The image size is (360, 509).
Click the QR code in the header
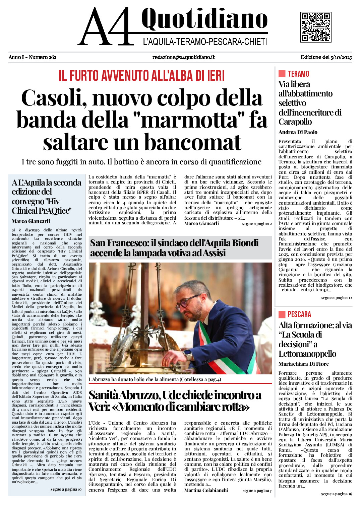tap(316, 27)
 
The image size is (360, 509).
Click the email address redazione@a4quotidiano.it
tap(183, 57)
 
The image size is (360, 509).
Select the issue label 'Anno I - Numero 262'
tap(33, 57)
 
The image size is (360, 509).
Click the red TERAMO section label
tap(298, 74)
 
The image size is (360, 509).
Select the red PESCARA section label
tap(299, 314)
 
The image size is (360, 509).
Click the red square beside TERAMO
tap(282, 74)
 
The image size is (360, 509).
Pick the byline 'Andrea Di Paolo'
tap(298, 132)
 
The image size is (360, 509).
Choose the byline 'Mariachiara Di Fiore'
tap(303, 364)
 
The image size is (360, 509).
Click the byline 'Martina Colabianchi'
tap(206, 490)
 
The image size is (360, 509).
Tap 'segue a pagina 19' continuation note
tap(66, 489)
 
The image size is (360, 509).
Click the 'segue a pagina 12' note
tap(337, 298)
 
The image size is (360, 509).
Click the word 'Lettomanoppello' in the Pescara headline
tap(307, 354)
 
